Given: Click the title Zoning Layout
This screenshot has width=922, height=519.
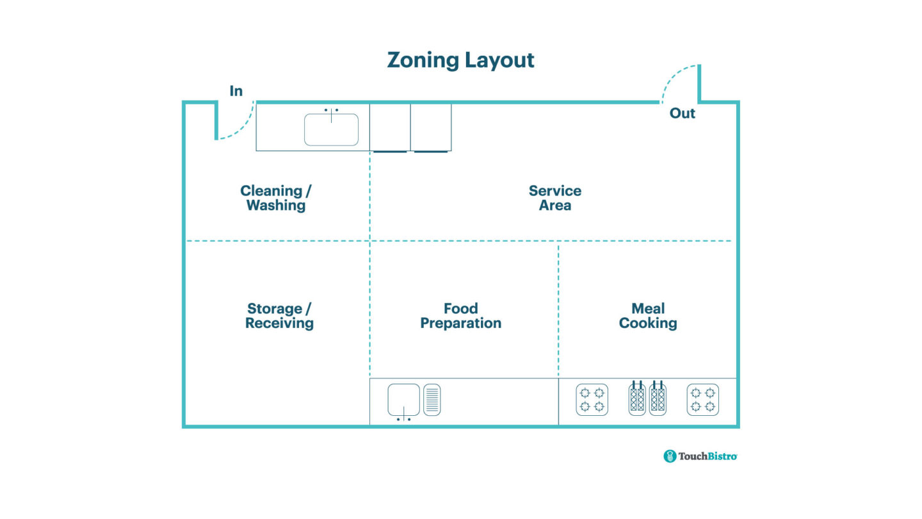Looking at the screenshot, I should coord(460,60).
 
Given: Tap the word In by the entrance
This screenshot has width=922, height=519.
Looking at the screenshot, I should coord(236,92).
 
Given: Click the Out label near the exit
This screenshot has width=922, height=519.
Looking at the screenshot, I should coord(682,113).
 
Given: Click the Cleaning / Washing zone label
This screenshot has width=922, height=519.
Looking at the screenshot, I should coord(276,198).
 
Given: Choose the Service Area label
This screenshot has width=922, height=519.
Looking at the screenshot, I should coord(554,198).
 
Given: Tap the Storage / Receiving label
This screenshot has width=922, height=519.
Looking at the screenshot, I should coord(279,316).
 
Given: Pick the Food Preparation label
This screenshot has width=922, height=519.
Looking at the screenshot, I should coord(460,316).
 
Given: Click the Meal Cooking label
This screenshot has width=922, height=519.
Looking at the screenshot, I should coord(648,316).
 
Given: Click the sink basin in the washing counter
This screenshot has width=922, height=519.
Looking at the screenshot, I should coord(331,130).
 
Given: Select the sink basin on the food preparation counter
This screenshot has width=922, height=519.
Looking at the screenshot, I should coord(403,399).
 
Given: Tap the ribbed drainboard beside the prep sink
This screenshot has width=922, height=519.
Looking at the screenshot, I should coord(432,399).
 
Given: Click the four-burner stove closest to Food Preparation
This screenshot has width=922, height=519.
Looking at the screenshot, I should coord(592,400).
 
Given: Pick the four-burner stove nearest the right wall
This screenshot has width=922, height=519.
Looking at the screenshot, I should coord(702,400).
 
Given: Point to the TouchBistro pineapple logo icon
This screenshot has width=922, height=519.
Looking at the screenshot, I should coord(670,456).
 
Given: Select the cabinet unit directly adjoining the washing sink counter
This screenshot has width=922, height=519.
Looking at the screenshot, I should coord(390,128).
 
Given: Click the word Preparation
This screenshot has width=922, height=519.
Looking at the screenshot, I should coord(460,324).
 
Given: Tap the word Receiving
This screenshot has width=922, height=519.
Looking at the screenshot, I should coord(279,324).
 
